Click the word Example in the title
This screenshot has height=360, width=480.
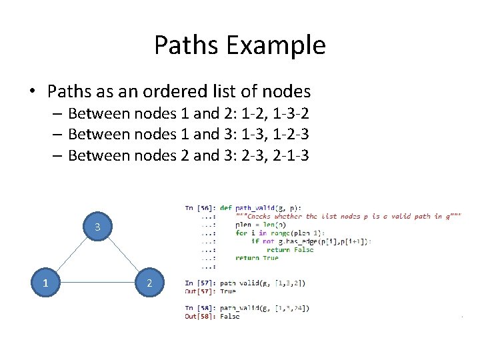[275, 45]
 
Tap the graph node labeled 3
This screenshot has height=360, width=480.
[97, 227]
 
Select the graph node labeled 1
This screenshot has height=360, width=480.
[45, 283]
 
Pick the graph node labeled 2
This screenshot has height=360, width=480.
[150, 283]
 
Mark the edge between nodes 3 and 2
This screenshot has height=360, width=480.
[124, 255]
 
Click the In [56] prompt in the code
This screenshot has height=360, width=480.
[200, 208]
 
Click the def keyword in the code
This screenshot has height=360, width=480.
[225, 208]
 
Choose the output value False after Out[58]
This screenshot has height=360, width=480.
[229, 316]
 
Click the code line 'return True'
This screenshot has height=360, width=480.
[257, 258]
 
